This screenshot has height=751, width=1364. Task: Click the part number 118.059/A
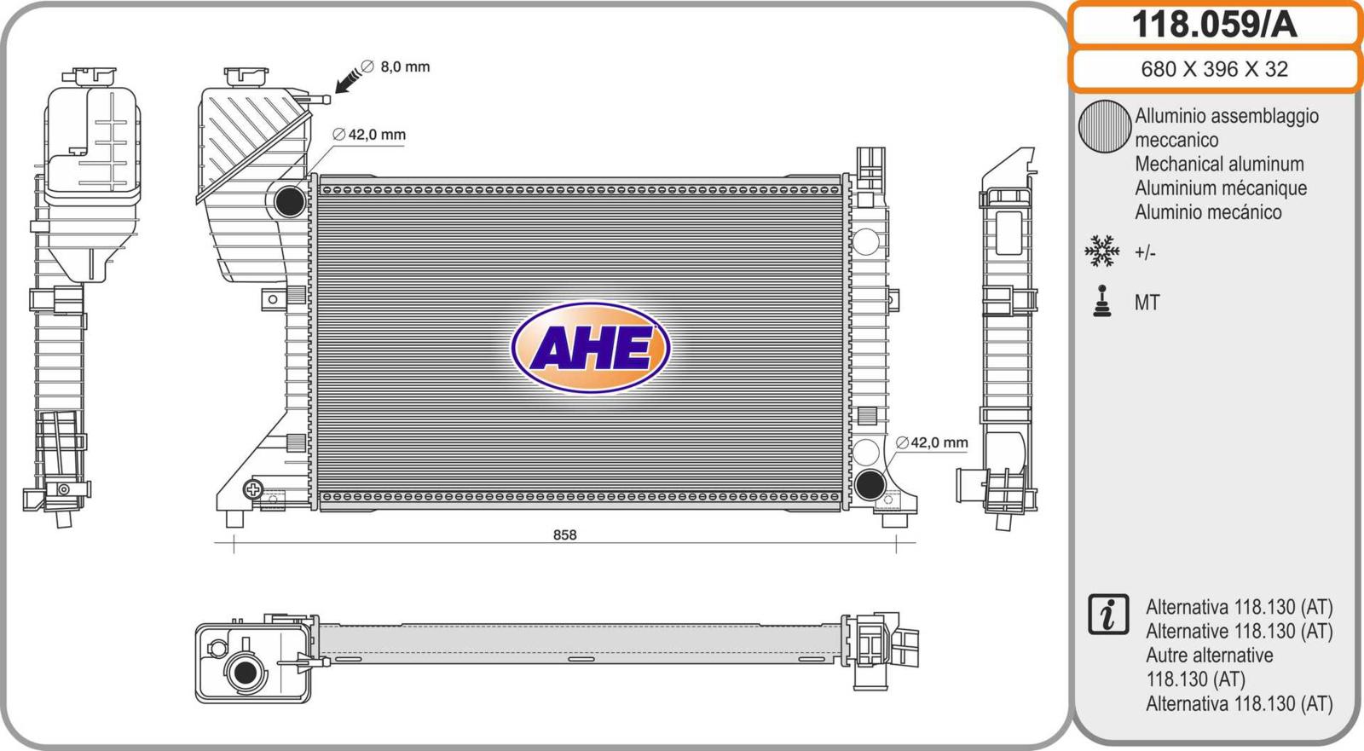1214,25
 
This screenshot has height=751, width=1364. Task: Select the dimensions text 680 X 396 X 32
1214,69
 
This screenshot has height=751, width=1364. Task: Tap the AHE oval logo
591,348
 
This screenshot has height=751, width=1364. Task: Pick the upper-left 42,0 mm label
369,134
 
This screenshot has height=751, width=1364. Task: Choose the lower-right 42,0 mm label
932,442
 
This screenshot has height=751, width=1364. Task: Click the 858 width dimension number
564,534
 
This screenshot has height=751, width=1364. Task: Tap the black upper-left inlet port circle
290,201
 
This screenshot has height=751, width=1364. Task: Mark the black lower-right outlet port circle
870,484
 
